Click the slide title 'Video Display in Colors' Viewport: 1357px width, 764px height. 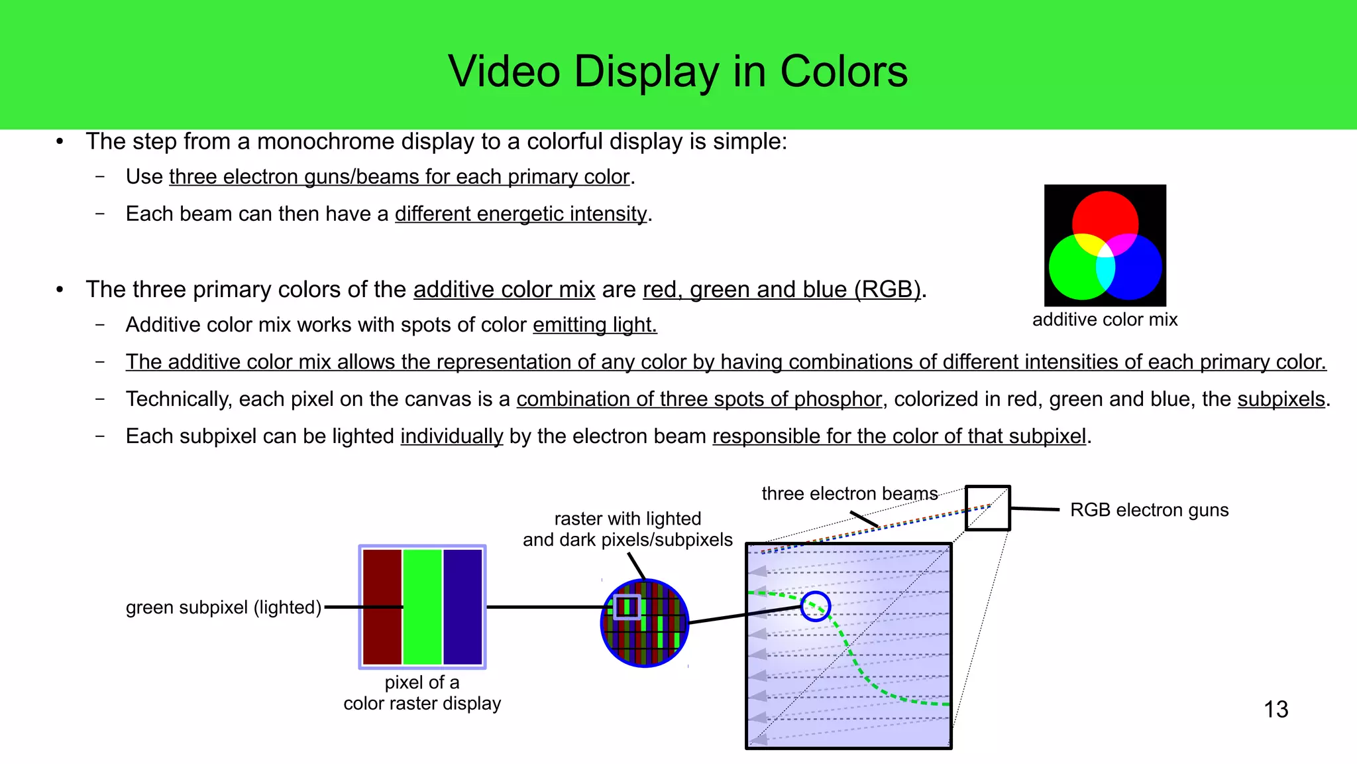click(x=678, y=72)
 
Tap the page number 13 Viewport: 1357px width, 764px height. click(x=1276, y=710)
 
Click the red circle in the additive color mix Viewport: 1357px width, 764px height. click(x=1105, y=211)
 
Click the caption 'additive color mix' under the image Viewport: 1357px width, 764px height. click(x=1105, y=320)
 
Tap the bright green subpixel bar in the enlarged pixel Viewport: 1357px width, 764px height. click(x=422, y=607)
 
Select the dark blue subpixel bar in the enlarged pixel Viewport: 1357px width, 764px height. click(x=462, y=607)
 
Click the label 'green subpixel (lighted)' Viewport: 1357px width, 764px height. click(x=223, y=607)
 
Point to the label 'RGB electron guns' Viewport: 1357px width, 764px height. click(x=1149, y=510)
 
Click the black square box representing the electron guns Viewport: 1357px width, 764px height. click(x=987, y=508)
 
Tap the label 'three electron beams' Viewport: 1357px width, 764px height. click(x=849, y=494)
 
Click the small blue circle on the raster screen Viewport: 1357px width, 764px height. click(x=816, y=606)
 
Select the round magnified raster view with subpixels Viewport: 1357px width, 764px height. click(x=645, y=623)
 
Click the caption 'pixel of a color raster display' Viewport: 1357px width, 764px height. click(x=422, y=693)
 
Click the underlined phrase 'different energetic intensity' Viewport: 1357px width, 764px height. click(x=521, y=214)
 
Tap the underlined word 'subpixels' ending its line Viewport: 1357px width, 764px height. click(x=1281, y=399)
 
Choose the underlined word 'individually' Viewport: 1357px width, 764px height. click(x=452, y=436)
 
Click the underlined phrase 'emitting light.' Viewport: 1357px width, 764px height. click(x=594, y=325)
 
